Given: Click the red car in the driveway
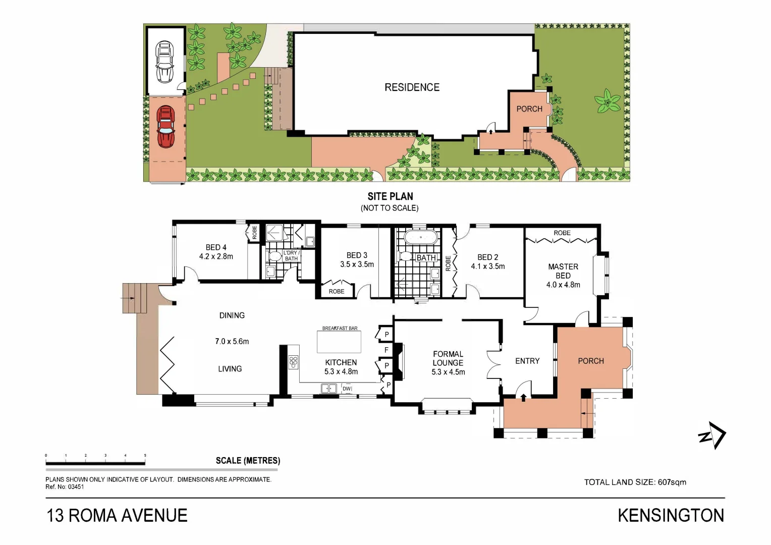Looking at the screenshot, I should click(x=166, y=126).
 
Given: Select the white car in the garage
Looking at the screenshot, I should click(x=164, y=62).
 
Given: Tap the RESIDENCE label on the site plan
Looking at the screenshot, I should click(x=412, y=87).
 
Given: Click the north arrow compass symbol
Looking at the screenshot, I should click(x=712, y=435).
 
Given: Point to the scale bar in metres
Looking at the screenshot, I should click(x=95, y=462).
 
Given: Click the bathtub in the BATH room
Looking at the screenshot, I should click(x=420, y=237).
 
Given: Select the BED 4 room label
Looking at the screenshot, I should click(x=216, y=247).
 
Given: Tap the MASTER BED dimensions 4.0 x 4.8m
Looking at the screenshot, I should click(x=563, y=285).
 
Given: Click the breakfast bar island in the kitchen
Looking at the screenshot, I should click(x=339, y=342).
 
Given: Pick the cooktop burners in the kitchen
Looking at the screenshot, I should click(x=293, y=362).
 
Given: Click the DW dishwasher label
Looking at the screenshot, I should click(x=347, y=389).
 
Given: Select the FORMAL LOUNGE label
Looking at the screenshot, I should click(x=448, y=358).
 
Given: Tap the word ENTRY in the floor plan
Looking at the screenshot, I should click(x=527, y=361).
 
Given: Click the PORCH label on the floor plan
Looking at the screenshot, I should click(x=591, y=361).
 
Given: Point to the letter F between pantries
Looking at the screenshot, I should click(x=387, y=350).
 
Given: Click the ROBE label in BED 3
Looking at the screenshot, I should click(x=337, y=291).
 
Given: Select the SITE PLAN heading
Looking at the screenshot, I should click(x=390, y=196).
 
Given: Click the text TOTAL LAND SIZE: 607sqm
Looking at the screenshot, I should click(x=635, y=482).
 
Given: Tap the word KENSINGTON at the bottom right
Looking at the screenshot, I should click(x=671, y=515).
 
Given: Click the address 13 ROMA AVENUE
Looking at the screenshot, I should click(x=117, y=515).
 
